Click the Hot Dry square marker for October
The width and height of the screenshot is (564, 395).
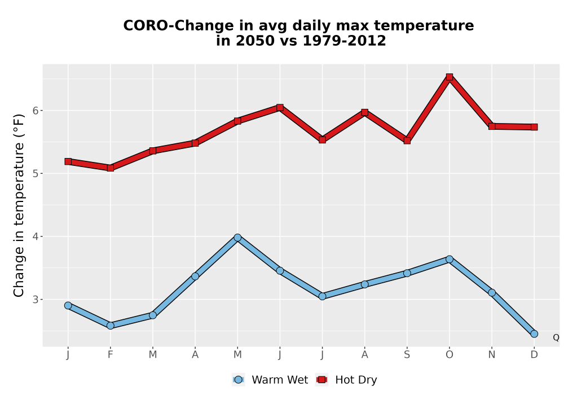click(x=450, y=77)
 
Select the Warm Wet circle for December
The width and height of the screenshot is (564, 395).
click(x=534, y=334)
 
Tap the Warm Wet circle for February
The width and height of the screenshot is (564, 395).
click(x=111, y=326)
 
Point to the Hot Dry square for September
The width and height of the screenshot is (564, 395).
click(x=407, y=141)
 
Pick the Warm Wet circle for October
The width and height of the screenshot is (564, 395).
click(x=450, y=259)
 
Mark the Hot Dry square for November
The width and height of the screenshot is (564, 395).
click(x=492, y=126)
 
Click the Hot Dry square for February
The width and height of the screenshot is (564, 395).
click(x=111, y=168)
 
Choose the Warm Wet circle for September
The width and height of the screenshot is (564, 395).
click(x=407, y=273)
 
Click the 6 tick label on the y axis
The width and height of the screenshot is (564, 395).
click(x=35, y=111)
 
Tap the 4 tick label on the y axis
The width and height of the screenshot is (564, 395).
click(x=35, y=236)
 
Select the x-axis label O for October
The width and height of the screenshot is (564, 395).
click(x=450, y=355)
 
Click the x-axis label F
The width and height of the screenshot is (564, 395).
click(x=111, y=355)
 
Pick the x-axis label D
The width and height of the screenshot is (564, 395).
click(x=534, y=355)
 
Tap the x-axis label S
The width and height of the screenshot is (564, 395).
click(x=407, y=355)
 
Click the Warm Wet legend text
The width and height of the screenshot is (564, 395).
click(x=280, y=380)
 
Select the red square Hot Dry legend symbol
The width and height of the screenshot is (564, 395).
click(x=321, y=380)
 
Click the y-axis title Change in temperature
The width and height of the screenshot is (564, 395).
click(x=19, y=205)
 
